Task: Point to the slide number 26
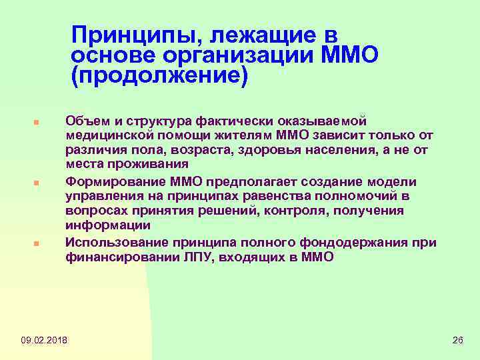[457, 341]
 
